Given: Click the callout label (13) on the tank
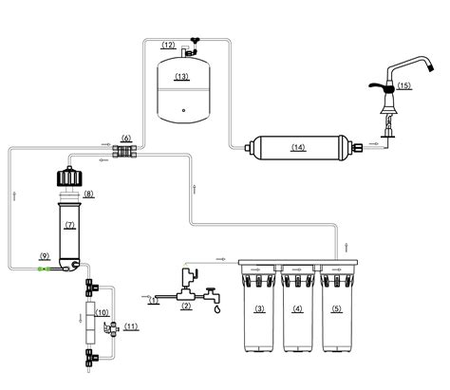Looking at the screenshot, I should pos(181,77).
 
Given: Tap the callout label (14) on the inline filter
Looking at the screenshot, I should pos(299,147).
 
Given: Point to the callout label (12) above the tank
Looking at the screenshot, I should pos(168,45).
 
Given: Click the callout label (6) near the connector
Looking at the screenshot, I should pos(126,139).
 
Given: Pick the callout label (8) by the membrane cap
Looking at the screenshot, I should pos(88,194).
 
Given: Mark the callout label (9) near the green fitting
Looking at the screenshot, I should pos(45,255).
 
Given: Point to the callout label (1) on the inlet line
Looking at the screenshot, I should pos(154,301).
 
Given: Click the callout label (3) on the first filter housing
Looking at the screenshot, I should pos(260,308).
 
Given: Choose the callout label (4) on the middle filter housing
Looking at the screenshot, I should pos(298,308).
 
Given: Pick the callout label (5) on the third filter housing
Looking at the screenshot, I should pos(336,308).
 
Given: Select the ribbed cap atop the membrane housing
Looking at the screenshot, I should pos(68,177).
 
